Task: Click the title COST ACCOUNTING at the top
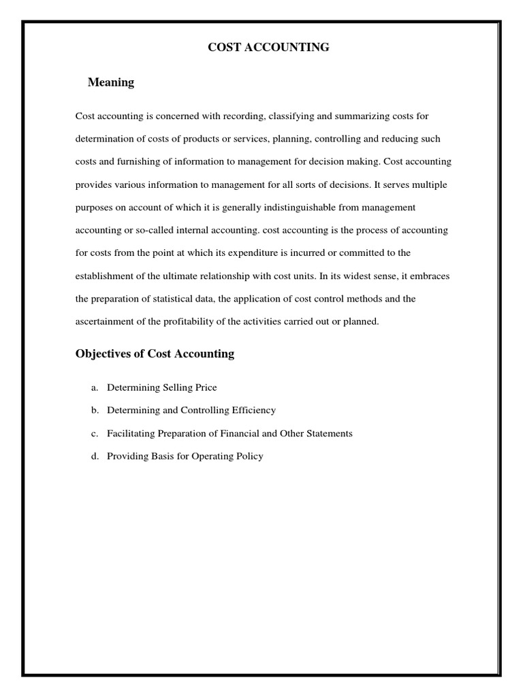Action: (268, 47)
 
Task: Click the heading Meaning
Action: (111, 82)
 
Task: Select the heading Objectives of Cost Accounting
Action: (155, 353)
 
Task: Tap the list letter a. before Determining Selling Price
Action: (95, 387)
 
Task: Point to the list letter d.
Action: (95, 456)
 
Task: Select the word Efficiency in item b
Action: (253, 410)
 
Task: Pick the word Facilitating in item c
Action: (131, 433)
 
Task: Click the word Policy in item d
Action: (248, 456)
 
